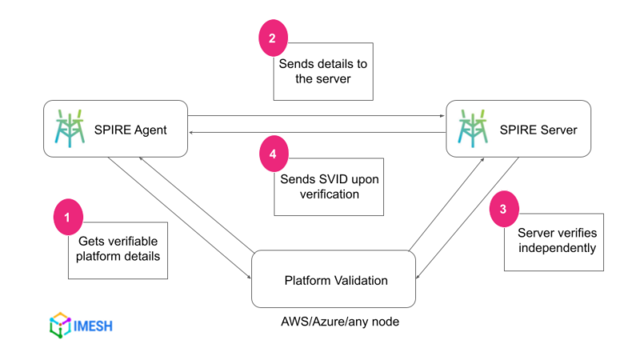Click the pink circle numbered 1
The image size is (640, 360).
pyautogui.click(x=68, y=217)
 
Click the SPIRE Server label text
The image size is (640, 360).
pyautogui.click(x=537, y=129)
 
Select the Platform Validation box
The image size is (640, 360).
pyautogui.click(x=333, y=279)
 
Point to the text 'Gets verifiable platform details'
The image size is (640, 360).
pyautogui.click(x=118, y=249)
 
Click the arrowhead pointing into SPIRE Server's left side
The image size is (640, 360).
pyautogui.click(x=442, y=116)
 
